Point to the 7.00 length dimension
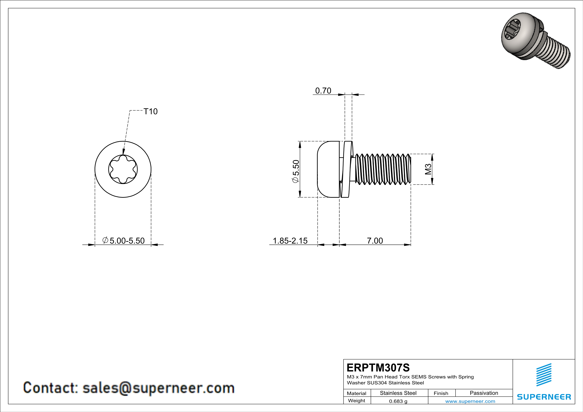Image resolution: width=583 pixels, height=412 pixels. pos(375,241)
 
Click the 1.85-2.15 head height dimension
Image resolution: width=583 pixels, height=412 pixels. pos(290,241)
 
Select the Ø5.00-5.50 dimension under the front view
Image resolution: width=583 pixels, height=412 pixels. pos(124,241)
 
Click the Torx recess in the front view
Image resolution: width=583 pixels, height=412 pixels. pos(123,169)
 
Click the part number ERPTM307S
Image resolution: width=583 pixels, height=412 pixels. pos(378,368)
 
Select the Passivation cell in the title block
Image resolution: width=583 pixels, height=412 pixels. pos(484,393)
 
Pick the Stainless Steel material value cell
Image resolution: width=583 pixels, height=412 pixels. pos(398,393)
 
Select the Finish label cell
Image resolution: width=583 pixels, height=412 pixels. pos(441,393)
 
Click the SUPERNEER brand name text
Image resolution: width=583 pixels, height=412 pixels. pos(544,397)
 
